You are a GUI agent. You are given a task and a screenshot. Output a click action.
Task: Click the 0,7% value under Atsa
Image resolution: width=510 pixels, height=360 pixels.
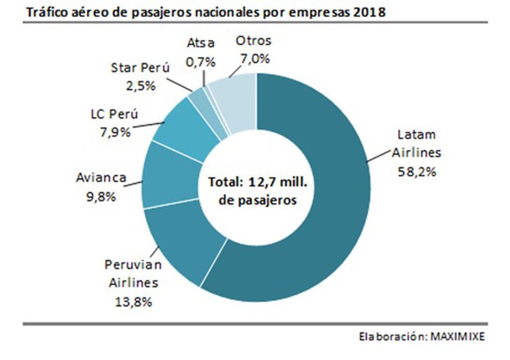(x=200, y=62)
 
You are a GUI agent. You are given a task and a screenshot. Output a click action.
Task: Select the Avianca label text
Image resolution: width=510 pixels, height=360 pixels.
(x=101, y=178)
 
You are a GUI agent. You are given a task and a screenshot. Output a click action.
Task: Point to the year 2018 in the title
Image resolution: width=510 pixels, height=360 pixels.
(x=368, y=12)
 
